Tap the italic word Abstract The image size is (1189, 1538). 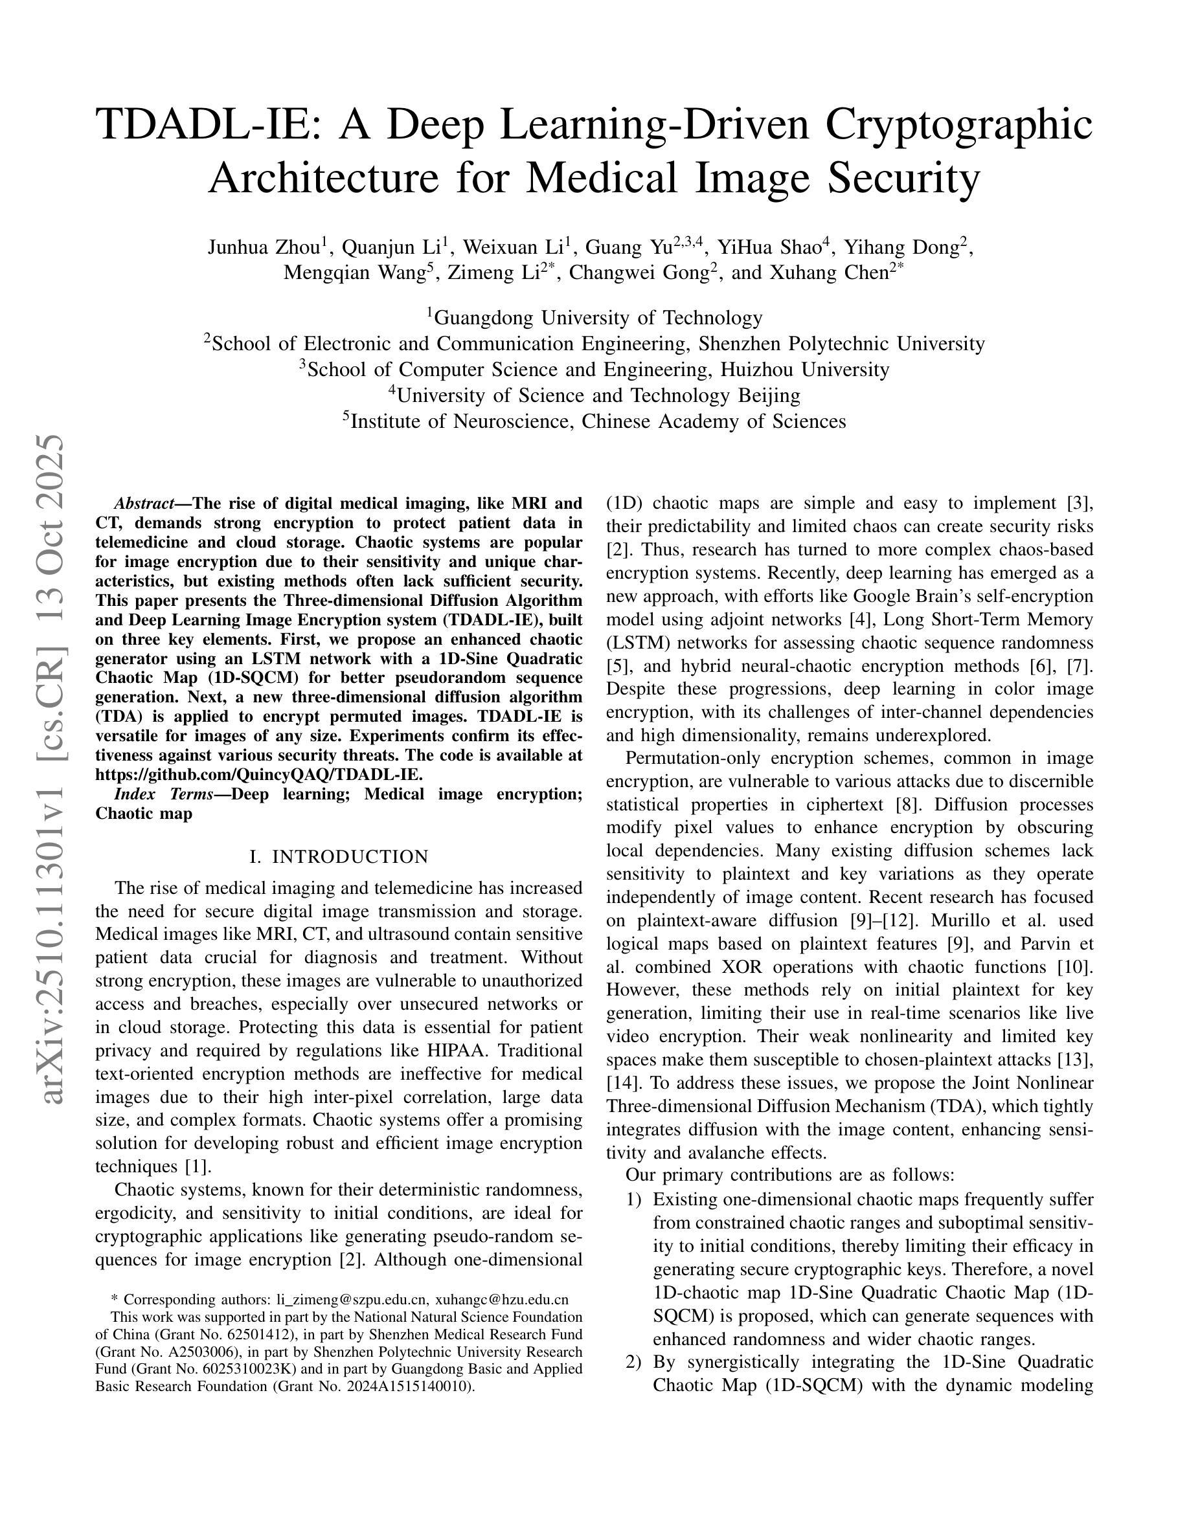(x=144, y=504)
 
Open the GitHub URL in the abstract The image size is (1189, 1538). (x=258, y=775)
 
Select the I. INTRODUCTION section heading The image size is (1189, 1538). (x=339, y=857)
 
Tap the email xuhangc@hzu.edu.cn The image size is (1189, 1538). (x=501, y=1300)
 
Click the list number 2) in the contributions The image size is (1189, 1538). (x=633, y=1362)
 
